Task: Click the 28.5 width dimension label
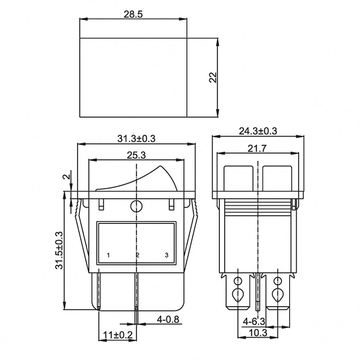pyautogui.click(x=133, y=14)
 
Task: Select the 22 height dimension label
pyautogui.click(x=213, y=78)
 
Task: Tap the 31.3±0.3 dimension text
pyautogui.click(x=136, y=139)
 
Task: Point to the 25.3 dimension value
pyautogui.click(x=136, y=156)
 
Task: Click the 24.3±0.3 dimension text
pyautogui.click(x=258, y=131)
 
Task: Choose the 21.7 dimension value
pyautogui.click(x=257, y=149)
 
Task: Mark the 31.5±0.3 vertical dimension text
pyautogui.click(x=59, y=250)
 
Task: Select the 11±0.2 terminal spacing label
pyautogui.click(x=118, y=335)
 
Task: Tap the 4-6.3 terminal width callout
pyautogui.click(x=254, y=321)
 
